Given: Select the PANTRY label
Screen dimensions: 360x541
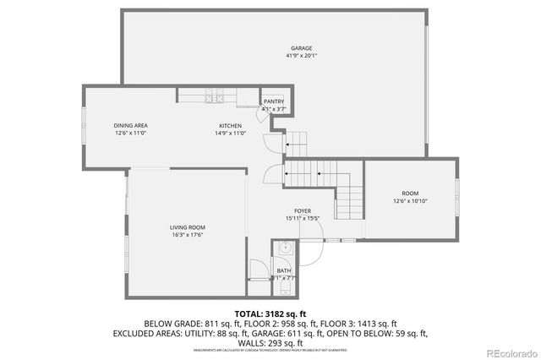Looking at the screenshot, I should (x=274, y=101).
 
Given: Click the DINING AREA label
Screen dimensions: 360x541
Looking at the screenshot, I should (x=131, y=125).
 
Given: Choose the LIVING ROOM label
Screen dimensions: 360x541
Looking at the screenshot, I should (x=188, y=227).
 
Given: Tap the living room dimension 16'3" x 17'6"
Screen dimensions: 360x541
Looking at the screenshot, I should (x=188, y=235).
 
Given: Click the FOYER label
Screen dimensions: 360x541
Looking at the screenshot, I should (x=303, y=210).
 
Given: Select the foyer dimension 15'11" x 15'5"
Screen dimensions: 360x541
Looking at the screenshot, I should (x=303, y=218).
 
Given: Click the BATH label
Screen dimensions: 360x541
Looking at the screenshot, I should (x=284, y=271).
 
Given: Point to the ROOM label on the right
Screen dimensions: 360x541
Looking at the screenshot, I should (x=410, y=194).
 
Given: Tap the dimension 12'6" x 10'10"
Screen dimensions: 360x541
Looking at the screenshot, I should (x=410, y=201).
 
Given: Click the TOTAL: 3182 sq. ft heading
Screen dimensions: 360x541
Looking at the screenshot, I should (x=270, y=314).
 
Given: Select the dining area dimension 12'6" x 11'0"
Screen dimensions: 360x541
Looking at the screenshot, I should (x=131, y=133).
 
